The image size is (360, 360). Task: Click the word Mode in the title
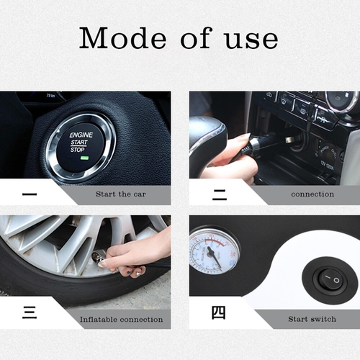pyautogui.click(x=122, y=37)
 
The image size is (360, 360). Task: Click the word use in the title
pyautogui.click(x=251, y=40)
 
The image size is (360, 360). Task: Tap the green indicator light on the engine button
pyautogui.click(x=85, y=158)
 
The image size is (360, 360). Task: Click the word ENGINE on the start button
pyautogui.click(x=81, y=135)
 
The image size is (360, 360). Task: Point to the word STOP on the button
pyautogui.click(x=77, y=150)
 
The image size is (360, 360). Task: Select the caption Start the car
pyautogui.click(x=121, y=194)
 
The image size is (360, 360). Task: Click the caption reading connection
pyautogui.click(x=312, y=194)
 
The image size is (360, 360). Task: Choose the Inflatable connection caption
pyautogui.click(x=121, y=320)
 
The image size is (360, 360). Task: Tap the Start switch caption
pyautogui.click(x=312, y=319)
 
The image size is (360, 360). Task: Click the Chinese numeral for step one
pyautogui.click(x=30, y=194)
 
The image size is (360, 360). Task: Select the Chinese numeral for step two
pyautogui.click(x=220, y=194)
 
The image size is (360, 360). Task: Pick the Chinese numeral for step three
pyautogui.click(x=30, y=312)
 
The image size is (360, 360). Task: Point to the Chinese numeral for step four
pyautogui.click(x=218, y=312)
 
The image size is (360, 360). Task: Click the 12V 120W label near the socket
pyautogui.click(x=327, y=165)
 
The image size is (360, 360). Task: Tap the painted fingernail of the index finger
pyautogui.click(x=104, y=264)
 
